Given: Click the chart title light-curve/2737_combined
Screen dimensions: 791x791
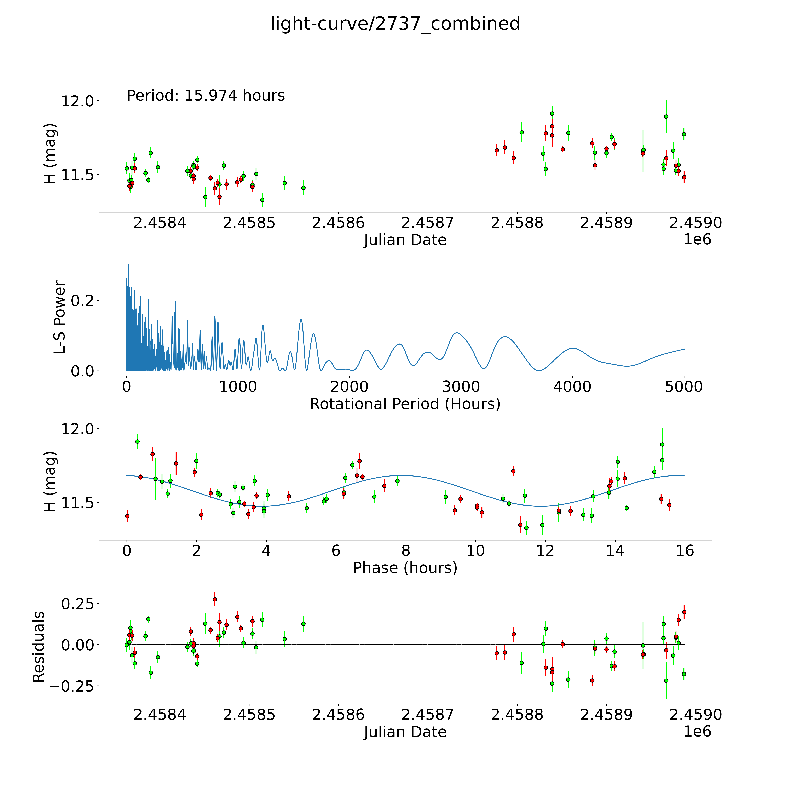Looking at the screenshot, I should pyautogui.click(x=395, y=24).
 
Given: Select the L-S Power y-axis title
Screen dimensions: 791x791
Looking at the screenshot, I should pyautogui.click(x=60, y=317).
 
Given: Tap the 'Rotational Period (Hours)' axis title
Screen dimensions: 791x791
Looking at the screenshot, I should pyautogui.click(x=405, y=404).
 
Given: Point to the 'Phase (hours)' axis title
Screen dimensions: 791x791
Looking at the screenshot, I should pyautogui.click(x=405, y=568).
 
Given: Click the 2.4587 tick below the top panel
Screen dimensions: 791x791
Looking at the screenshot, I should pyautogui.click(x=427, y=223).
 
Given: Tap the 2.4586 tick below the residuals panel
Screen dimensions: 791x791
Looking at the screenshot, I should pyautogui.click(x=338, y=715).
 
